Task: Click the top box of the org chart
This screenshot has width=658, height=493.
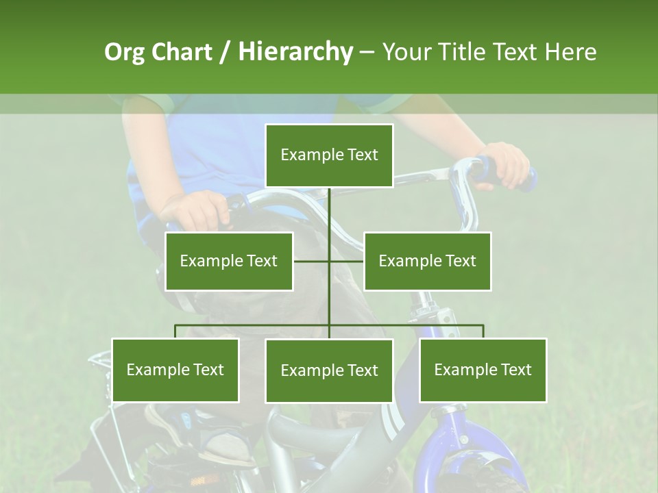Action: tap(329, 155)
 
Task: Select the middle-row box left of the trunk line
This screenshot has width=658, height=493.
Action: tap(229, 261)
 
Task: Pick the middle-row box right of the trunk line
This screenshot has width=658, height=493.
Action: tap(427, 261)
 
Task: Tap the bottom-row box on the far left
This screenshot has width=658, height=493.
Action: tap(175, 370)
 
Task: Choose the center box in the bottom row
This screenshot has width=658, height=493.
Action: tap(329, 370)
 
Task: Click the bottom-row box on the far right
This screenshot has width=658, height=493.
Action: tap(483, 370)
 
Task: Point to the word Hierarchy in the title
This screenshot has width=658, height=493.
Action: tap(295, 52)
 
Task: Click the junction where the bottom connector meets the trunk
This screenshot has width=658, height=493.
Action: tap(329, 325)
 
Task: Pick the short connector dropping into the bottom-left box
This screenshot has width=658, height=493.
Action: tap(175, 331)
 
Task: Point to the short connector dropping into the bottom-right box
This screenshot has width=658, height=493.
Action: tap(483, 331)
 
